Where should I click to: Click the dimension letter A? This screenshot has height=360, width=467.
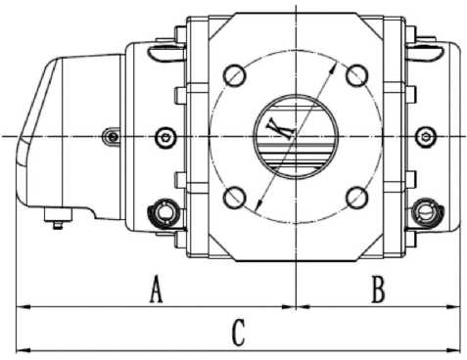click(x=156, y=289)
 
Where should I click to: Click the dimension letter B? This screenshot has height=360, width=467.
click(x=379, y=290)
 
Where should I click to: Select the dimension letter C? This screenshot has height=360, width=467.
click(x=239, y=333)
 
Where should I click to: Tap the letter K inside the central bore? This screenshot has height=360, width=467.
click(x=280, y=128)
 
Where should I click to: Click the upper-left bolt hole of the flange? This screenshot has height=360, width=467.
click(x=234, y=75)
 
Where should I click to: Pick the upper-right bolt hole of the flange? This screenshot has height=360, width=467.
click(x=357, y=75)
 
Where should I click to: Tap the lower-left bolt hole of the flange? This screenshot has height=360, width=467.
click(x=234, y=198)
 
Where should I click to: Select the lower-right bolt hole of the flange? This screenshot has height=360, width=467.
click(x=357, y=198)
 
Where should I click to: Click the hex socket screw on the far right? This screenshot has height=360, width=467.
click(x=426, y=137)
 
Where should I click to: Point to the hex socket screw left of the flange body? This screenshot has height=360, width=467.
click(x=165, y=137)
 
